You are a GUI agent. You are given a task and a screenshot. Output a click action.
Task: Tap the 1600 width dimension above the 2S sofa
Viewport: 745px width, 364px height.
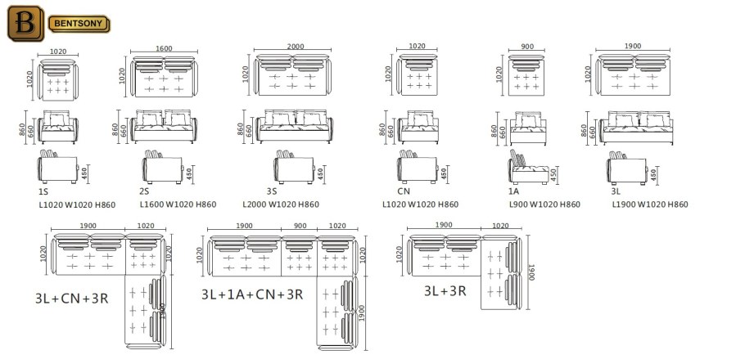click(164, 49)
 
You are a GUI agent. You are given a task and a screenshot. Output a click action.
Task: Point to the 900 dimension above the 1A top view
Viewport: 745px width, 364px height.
click(527, 47)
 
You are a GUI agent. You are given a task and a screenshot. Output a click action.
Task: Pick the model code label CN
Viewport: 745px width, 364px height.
click(404, 190)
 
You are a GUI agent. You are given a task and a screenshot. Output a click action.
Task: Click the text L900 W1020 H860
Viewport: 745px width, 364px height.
click(544, 204)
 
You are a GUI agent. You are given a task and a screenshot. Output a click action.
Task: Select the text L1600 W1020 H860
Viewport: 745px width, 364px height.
click(178, 204)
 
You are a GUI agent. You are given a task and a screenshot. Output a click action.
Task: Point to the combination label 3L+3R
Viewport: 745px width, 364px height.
click(445, 290)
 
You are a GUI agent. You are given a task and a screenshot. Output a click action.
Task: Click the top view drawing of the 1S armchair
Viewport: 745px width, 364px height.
click(57, 79)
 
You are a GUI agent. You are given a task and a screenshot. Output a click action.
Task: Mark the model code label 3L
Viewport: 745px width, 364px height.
click(617, 190)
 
